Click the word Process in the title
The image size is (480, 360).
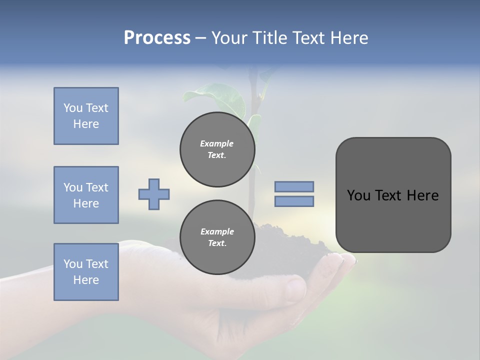tap(157, 38)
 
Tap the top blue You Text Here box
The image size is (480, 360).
tap(86, 116)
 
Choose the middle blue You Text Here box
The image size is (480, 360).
tap(86, 195)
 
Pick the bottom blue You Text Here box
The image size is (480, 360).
tap(86, 272)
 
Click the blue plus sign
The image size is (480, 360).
tap(154, 194)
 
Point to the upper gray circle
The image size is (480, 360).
tap(217, 149)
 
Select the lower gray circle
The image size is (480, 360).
tap(217, 237)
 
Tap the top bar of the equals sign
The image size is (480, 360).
tap(294, 186)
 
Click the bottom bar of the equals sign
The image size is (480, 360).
tap(294, 201)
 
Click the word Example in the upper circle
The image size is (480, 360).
tap(217, 143)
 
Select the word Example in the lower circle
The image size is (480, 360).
tap(217, 231)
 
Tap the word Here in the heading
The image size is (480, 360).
tap(348, 38)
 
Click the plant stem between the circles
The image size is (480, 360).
tap(257, 195)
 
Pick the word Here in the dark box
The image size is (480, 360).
tap(422, 195)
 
